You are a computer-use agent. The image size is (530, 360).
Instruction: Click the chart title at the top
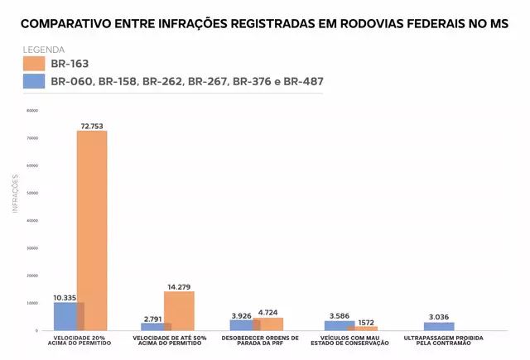265,24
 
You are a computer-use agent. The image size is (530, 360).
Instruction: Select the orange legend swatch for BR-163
33,64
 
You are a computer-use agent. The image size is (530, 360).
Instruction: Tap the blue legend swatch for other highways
33,81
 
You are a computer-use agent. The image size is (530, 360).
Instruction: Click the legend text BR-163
70,64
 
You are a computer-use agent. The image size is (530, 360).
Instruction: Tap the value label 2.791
152,318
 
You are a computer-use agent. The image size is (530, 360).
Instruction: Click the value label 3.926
242,315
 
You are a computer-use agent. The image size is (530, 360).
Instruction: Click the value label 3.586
339,315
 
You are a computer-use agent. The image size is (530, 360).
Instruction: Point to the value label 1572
367,321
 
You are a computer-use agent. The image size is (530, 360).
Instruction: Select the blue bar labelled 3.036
439,326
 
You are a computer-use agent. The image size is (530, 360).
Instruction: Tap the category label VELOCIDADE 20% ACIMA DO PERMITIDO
79,340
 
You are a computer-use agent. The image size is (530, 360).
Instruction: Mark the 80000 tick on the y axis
32,110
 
